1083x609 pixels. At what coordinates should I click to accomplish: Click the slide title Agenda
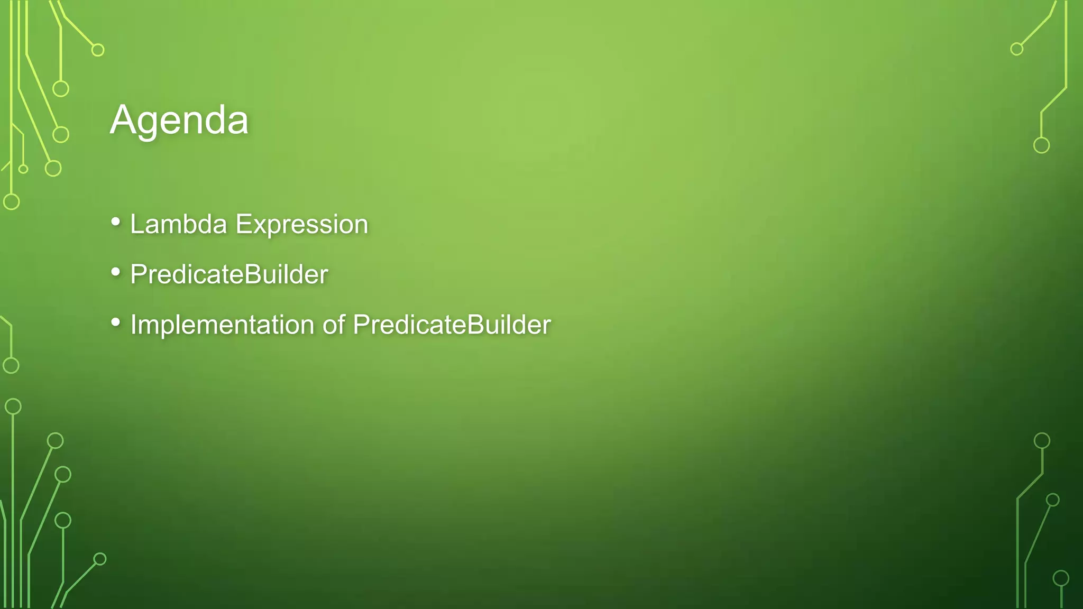pos(179,121)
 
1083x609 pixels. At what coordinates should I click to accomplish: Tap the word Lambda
pos(178,224)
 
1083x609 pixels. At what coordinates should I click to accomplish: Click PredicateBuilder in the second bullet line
pos(229,274)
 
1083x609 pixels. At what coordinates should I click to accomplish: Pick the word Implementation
pos(222,325)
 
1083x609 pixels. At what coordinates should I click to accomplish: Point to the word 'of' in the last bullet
pos(334,325)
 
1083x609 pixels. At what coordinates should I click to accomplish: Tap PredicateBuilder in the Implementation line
pos(452,325)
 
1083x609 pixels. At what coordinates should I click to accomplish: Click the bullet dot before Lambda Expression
pos(116,222)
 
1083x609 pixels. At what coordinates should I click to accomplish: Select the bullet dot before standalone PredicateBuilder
pos(116,272)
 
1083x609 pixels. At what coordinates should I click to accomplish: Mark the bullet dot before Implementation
pos(116,322)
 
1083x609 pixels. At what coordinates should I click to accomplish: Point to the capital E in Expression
pos(244,224)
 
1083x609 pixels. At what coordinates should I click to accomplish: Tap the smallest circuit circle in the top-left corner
pos(23,169)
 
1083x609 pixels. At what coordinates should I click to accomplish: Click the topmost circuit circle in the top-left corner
pos(98,50)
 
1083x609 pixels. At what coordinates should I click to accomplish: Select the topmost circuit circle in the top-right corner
pos(1016,49)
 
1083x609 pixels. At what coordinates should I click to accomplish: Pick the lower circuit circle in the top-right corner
pos(1041,145)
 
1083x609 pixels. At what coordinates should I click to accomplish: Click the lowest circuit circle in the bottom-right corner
pos(1061,578)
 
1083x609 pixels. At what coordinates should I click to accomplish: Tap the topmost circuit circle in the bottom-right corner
pos(1042,440)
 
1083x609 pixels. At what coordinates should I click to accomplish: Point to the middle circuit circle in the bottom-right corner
pos(1053,500)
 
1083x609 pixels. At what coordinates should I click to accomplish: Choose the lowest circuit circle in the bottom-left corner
pos(100,559)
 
